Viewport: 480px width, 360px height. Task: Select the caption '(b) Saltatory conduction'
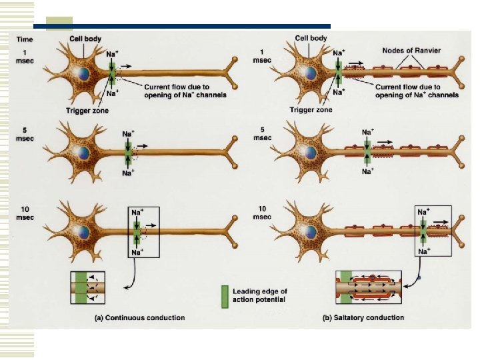click(364, 317)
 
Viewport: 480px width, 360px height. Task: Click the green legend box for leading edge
click(225, 294)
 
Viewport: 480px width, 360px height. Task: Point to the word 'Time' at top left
click(25, 39)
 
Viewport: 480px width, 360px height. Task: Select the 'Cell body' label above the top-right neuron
click(311, 39)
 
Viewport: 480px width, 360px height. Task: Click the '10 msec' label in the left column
click(25, 213)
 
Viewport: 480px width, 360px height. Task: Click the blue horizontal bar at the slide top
click(180, 27)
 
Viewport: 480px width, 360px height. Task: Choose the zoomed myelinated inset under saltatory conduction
click(369, 288)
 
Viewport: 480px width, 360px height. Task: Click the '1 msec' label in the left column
click(25, 55)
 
